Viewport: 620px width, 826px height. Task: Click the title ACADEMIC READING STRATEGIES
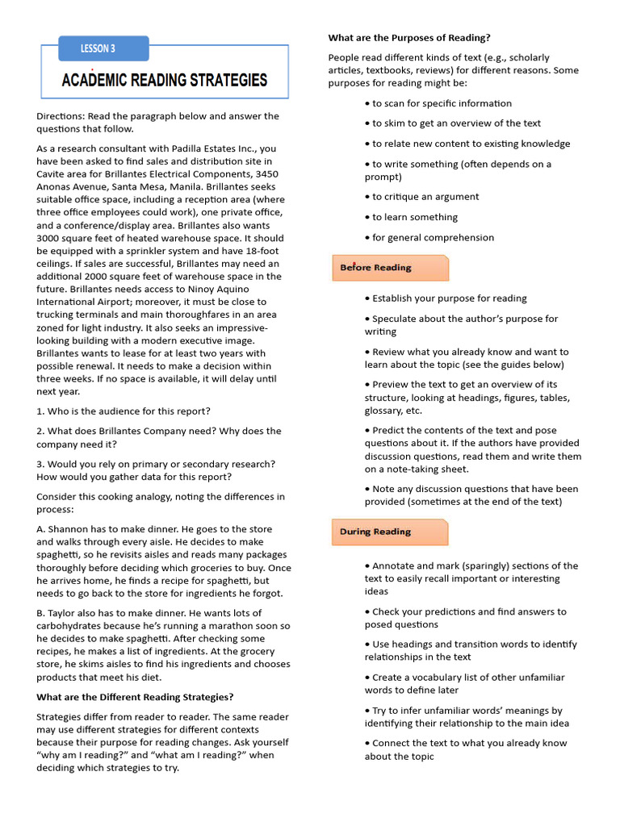165,80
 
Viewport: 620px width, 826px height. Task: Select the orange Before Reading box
390,268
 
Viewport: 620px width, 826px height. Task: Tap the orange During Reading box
390,532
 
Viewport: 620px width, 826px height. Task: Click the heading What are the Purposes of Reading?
409,37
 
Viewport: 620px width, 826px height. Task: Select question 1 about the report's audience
124,411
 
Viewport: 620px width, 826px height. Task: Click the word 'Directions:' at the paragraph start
61,116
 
